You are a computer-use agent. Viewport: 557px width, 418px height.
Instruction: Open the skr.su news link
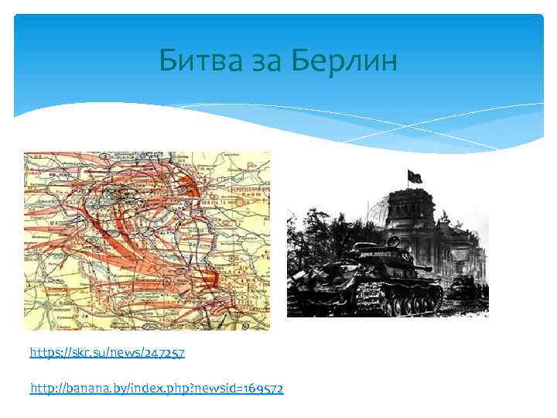[107, 353]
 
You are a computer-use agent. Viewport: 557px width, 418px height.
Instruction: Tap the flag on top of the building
[415, 177]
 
